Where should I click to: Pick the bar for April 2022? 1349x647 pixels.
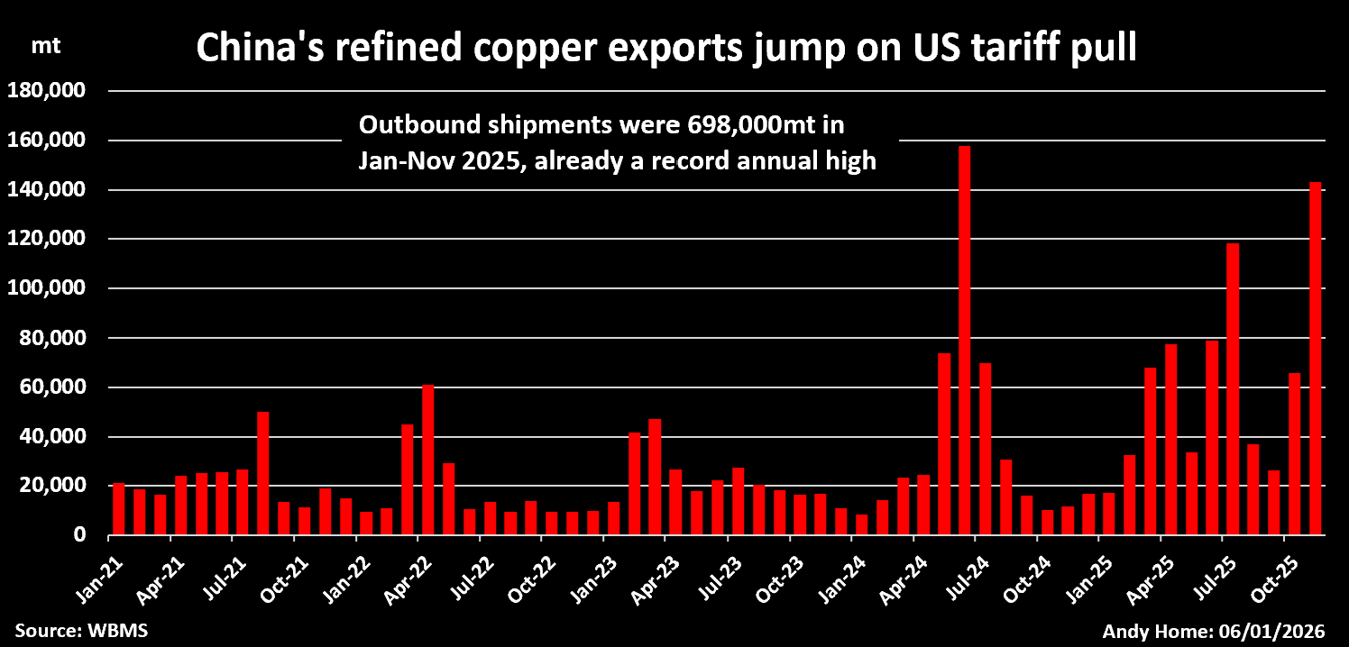pos(428,460)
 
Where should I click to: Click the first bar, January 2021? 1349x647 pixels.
pos(119,509)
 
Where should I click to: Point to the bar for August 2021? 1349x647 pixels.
pos(263,474)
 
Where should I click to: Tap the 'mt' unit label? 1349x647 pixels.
pos(46,47)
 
